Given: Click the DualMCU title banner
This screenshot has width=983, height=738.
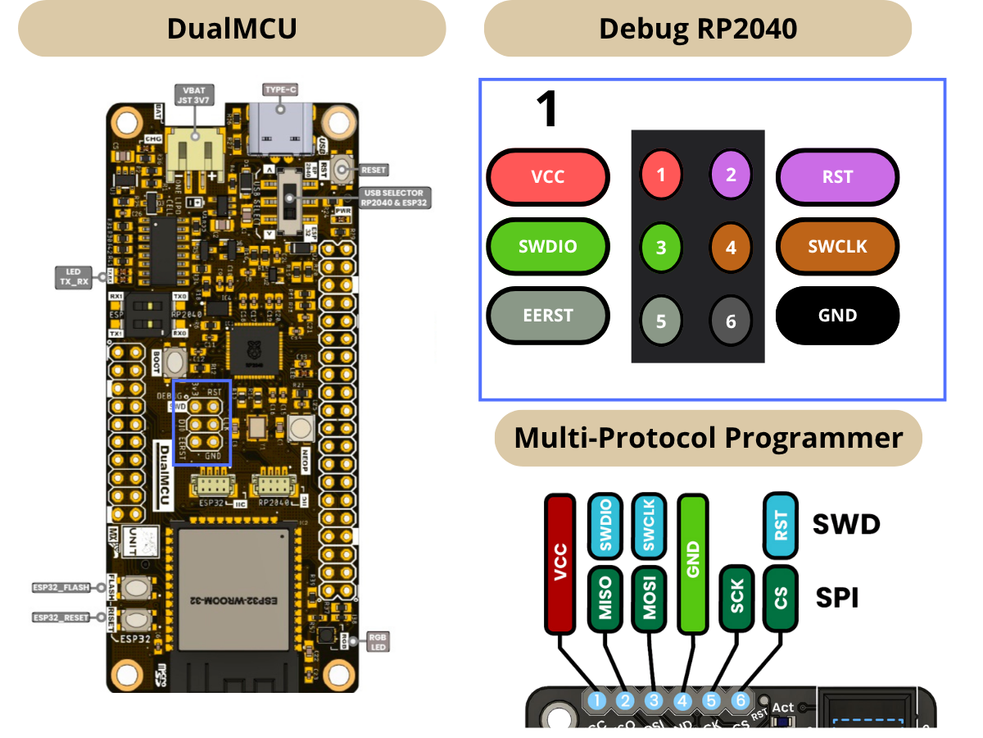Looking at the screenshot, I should click(x=231, y=28).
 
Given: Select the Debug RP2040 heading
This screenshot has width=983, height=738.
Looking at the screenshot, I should click(x=697, y=28).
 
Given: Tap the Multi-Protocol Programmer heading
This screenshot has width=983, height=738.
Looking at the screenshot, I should click(x=708, y=438).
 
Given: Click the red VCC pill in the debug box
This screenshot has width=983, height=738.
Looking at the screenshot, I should click(x=548, y=176).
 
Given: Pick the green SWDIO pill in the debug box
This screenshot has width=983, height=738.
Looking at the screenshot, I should click(x=548, y=246).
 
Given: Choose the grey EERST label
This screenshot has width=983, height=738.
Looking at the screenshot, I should click(x=548, y=316).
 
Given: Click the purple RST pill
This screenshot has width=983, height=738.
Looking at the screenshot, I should click(x=837, y=176).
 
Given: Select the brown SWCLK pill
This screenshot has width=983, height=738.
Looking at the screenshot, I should click(x=837, y=246).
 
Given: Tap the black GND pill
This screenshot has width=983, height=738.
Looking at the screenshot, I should click(x=837, y=316).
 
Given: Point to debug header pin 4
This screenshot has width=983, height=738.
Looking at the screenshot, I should click(x=731, y=247).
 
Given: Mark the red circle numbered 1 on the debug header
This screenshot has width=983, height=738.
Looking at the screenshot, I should click(x=661, y=174).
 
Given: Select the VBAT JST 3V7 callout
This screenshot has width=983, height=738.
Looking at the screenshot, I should click(x=196, y=93).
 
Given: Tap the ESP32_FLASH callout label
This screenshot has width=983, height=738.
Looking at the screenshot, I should click(x=61, y=587).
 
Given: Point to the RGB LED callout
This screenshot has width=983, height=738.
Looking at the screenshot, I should click(x=378, y=641).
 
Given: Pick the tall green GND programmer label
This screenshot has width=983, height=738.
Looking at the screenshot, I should click(x=693, y=563).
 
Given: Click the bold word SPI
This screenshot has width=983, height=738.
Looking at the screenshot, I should click(x=837, y=598).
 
